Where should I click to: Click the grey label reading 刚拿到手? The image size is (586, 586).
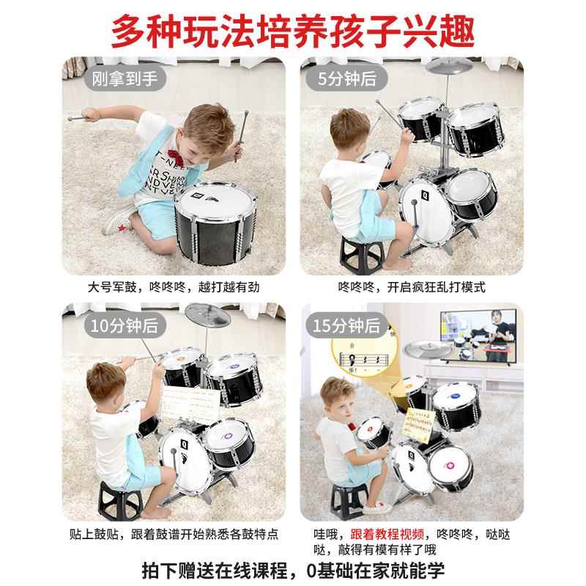coord(125,78)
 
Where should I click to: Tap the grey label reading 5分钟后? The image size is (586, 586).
coord(346,78)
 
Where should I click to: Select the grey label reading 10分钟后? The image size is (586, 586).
coord(125,325)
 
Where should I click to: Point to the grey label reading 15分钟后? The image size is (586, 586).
coord(346,325)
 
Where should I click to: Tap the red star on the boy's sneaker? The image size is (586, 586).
coord(122,227)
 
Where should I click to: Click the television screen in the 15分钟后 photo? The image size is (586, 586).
coord(478,335)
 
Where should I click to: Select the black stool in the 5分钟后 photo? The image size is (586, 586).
coord(361,254)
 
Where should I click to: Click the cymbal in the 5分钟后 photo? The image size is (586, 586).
coord(448,67)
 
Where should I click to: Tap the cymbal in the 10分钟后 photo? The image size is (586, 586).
coord(208,315)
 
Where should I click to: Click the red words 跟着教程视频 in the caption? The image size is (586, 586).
coord(387,534)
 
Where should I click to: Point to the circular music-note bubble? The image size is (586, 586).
coord(359,355)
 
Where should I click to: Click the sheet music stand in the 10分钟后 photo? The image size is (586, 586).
coord(190,405)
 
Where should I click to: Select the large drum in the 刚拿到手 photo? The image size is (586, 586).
coord(216,223)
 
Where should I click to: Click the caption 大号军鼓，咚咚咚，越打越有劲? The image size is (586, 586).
coord(174,287)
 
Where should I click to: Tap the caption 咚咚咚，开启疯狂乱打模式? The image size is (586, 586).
coord(412,287)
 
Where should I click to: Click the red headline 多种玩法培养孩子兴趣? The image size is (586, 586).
coord(293,31)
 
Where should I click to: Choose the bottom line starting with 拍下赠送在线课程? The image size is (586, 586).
coord(293,571)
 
